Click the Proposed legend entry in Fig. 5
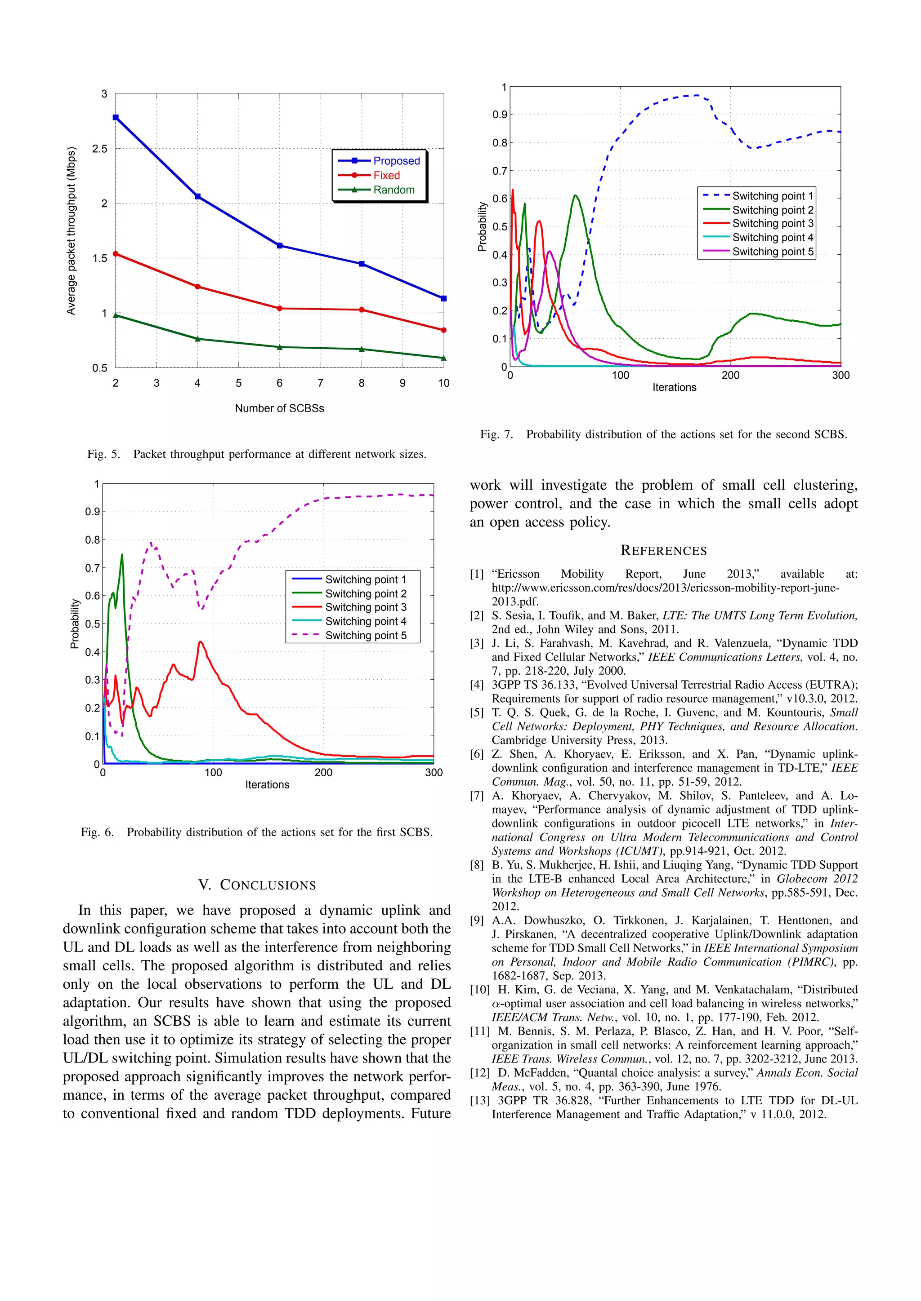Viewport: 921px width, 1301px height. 396,161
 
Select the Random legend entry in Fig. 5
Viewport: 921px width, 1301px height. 393,190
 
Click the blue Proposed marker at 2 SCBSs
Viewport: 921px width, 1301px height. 116,117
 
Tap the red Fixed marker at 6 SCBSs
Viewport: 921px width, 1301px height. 280,308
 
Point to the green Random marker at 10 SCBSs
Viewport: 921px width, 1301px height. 443,358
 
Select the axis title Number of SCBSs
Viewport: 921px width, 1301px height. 280,408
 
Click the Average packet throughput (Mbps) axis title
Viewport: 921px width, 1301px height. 71,230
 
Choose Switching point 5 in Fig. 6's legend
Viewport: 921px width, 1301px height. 365,635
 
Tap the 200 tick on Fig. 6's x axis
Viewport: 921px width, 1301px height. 323,772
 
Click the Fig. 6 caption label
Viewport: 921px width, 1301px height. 97,832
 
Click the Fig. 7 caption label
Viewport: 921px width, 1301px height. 496,434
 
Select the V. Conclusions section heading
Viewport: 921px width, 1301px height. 257,885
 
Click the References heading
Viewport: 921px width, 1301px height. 663,550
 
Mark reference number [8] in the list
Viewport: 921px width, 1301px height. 477,865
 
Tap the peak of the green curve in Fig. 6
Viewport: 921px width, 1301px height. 122,555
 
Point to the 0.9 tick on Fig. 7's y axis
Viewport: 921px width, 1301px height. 500,115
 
